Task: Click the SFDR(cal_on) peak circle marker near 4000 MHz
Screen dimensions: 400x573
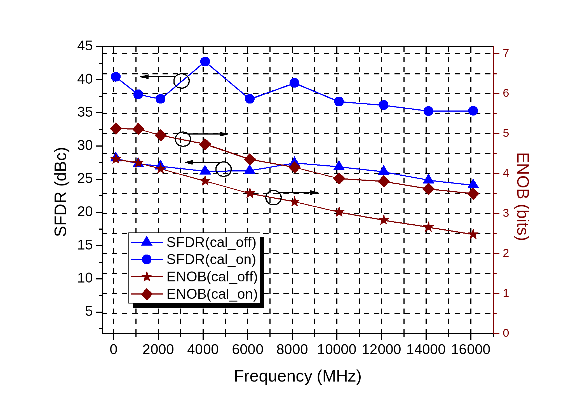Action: (x=205, y=62)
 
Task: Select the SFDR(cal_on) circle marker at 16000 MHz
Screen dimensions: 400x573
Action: (x=473, y=111)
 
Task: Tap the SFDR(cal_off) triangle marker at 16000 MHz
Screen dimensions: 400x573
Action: (x=473, y=184)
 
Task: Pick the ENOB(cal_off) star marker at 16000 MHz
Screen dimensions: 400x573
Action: (x=473, y=234)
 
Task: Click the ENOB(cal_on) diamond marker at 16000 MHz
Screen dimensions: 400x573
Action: (x=473, y=194)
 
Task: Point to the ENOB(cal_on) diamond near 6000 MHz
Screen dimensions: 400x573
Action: (x=250, y=159)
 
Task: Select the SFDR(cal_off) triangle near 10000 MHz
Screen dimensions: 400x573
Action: (x=339, y=166)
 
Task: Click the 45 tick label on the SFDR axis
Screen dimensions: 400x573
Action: (x=85, y=46)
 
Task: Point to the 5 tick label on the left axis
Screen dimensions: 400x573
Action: (x=89, y=311)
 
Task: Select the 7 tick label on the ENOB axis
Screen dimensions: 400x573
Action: (x=506, y=53)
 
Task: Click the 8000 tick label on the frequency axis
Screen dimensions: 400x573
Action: (x=292, y=350)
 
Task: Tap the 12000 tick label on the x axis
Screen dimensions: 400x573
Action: (x=381, y=350)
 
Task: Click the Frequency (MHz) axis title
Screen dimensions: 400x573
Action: (x=297, y=376)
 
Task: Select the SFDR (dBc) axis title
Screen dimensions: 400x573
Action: (x=61, y=192)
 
